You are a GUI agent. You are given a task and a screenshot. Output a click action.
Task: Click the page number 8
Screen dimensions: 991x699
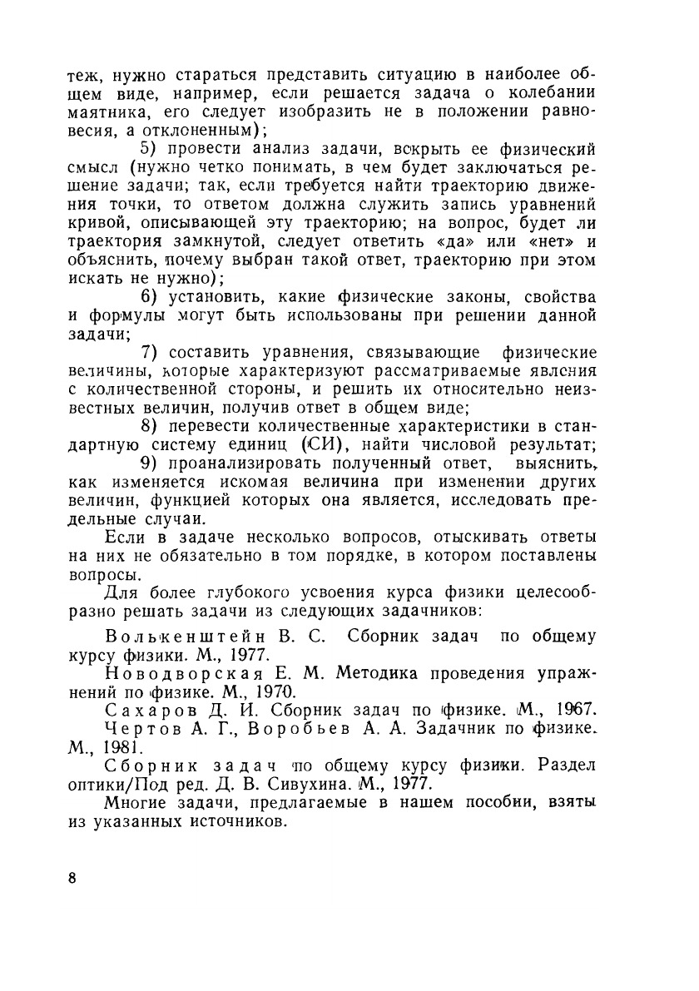click(73, 880)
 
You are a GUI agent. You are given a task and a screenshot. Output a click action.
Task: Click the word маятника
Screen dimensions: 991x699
click(103, 112)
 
